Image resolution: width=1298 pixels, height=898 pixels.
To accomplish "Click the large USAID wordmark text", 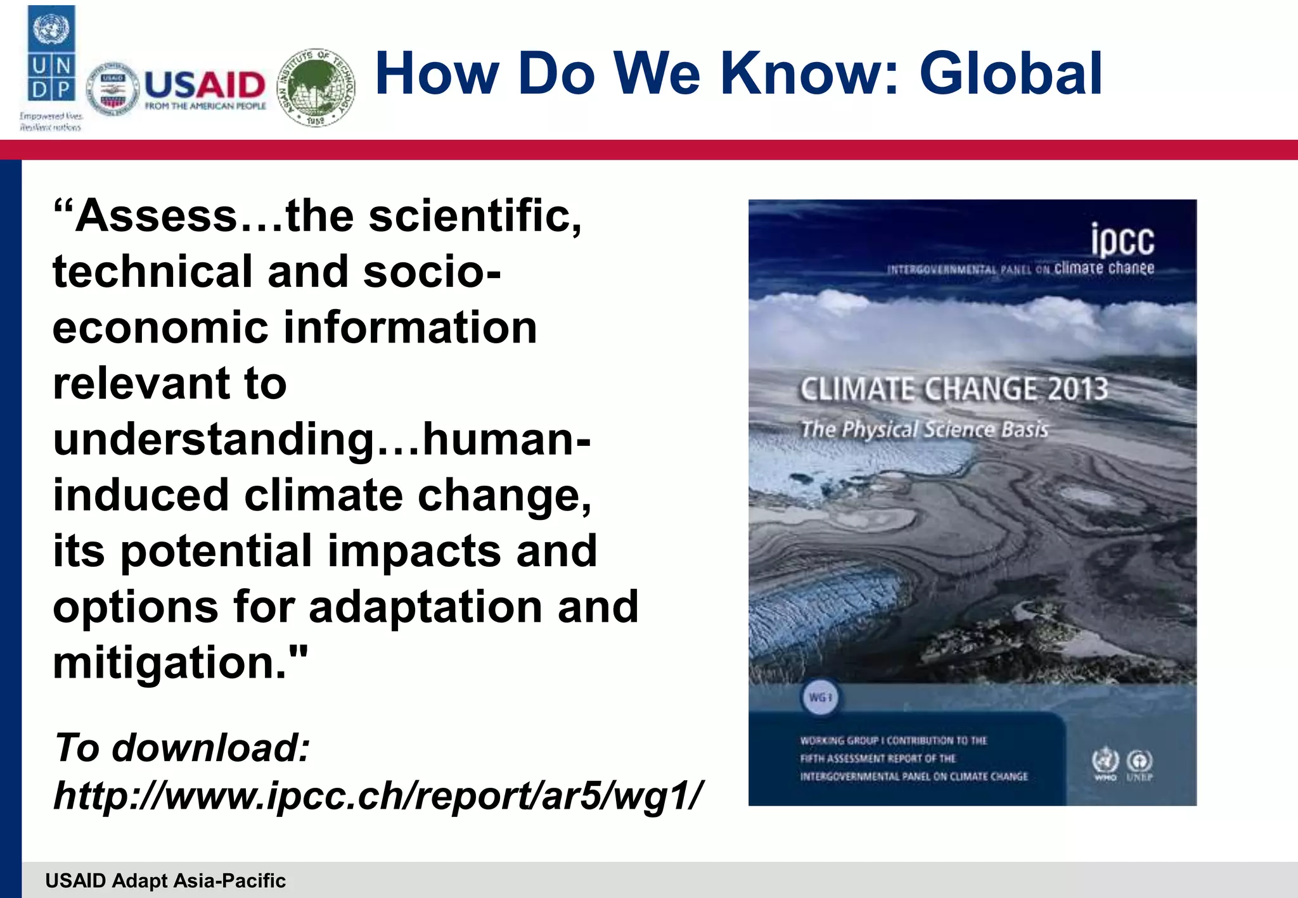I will pyautogui.click(x=205, y=85).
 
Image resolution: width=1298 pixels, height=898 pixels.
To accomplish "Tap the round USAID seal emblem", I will pyautogui.click(x=113, y=90).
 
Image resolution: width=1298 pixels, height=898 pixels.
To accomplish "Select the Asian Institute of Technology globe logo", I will pyautogui.click(x=317, y=87).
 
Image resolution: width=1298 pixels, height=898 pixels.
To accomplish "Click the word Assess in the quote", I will pyautogui.click(x=155, y=217).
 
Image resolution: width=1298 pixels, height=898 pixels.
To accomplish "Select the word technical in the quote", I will pyautogui.click(x=153, y=272).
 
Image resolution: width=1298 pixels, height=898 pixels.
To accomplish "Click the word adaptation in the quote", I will pyautogui.click(x=425, y=607).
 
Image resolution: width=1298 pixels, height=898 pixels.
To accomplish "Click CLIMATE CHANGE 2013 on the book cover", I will pyautogui.click(x=953, y=389).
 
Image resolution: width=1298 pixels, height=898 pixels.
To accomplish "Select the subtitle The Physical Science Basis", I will pyautogui.click(x=925, y=429).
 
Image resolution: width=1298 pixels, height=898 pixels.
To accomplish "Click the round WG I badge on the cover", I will pyautogui.click(x=821, y=697).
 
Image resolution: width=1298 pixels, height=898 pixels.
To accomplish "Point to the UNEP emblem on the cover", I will pyautogui.click(x=1140, y=764).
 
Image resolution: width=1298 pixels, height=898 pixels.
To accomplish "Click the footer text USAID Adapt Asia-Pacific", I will pyautogui.click(x=165, y=880).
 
